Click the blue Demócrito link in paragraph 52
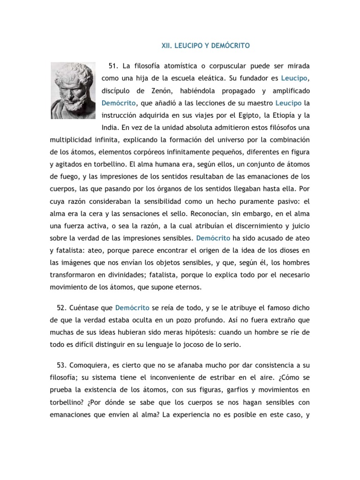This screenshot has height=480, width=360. [133, 308]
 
